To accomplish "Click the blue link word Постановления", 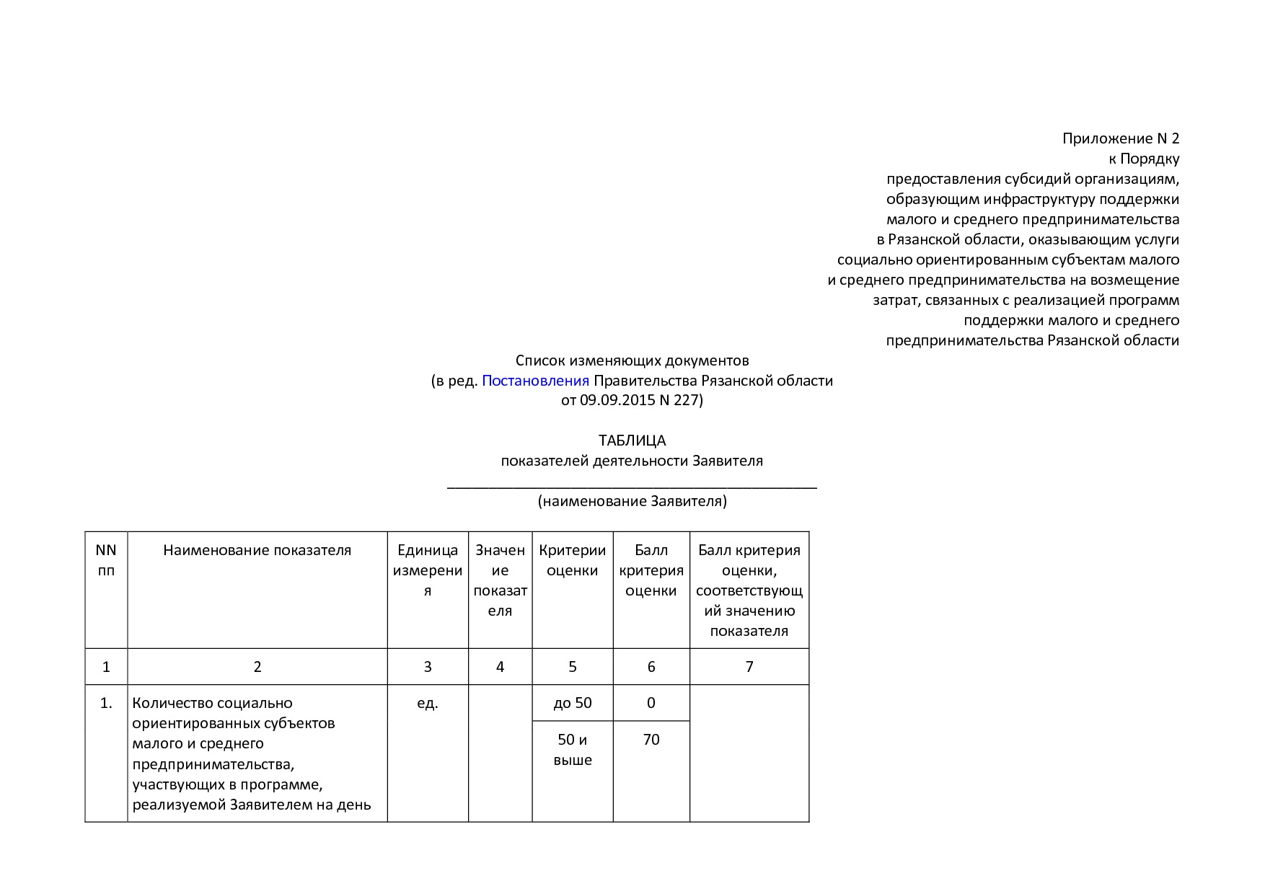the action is (x=535, y=380).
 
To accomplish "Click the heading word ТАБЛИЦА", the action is (x=632, y=440).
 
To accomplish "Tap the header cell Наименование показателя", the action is (x=257, y=550).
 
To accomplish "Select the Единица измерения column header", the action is (x=428, y=570).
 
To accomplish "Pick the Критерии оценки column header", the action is (x=572, y=560).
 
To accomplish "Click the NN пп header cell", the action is (x=106, y=560).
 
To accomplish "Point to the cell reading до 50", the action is (x=572, y=703).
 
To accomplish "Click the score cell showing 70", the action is (x=651, y=740).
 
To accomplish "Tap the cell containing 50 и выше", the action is (x=572, y=750).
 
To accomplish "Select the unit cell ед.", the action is (x=428, y=703).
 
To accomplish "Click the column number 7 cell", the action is (x=749, y=667).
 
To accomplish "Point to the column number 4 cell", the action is (x=500, y=667).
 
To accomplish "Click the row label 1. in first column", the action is (x=106, y=703).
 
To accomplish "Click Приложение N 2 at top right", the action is (x=1120, y=138).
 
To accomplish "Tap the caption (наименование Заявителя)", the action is (x=632, y=500).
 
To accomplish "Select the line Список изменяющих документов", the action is (x=632, y=360).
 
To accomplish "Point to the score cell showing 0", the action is (x=651, y=703).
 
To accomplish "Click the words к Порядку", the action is (x=1144, y=159).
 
